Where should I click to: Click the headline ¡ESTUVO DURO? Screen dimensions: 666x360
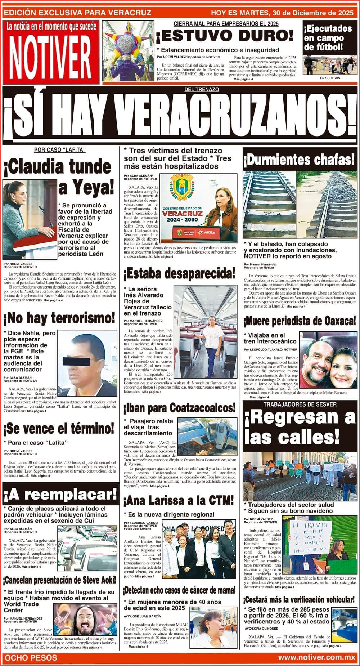[x=225, y=36]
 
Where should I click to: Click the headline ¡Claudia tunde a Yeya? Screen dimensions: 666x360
[x=59, y=176]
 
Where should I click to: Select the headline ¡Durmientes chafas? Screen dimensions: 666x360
[x=300, y=159]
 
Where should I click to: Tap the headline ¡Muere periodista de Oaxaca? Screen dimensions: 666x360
[x=300, y=320]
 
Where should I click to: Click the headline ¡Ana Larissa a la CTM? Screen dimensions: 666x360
[x=179, y=500]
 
